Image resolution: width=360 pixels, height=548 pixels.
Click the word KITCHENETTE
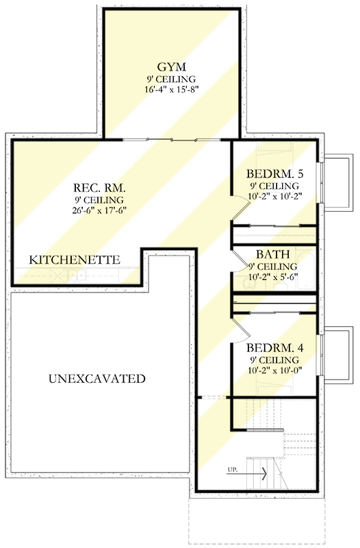click(75, 260)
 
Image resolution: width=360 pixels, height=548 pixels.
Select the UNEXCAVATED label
click(97, 378)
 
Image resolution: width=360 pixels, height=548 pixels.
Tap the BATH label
click(273, 254)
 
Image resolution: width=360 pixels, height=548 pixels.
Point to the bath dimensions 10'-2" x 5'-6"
click(273, 277)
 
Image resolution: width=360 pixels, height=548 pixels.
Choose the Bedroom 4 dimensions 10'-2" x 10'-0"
click(273, 370)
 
